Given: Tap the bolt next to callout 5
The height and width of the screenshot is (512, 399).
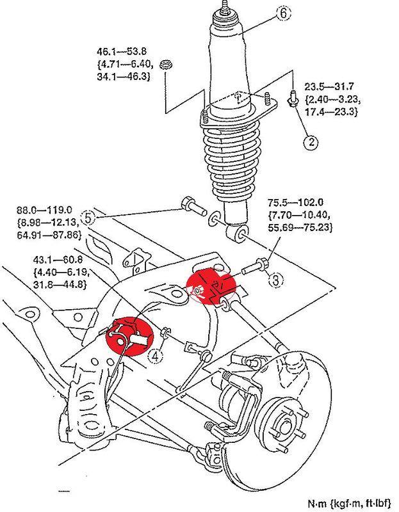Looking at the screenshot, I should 190,205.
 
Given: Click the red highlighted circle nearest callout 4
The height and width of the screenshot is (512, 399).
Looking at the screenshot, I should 130,336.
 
